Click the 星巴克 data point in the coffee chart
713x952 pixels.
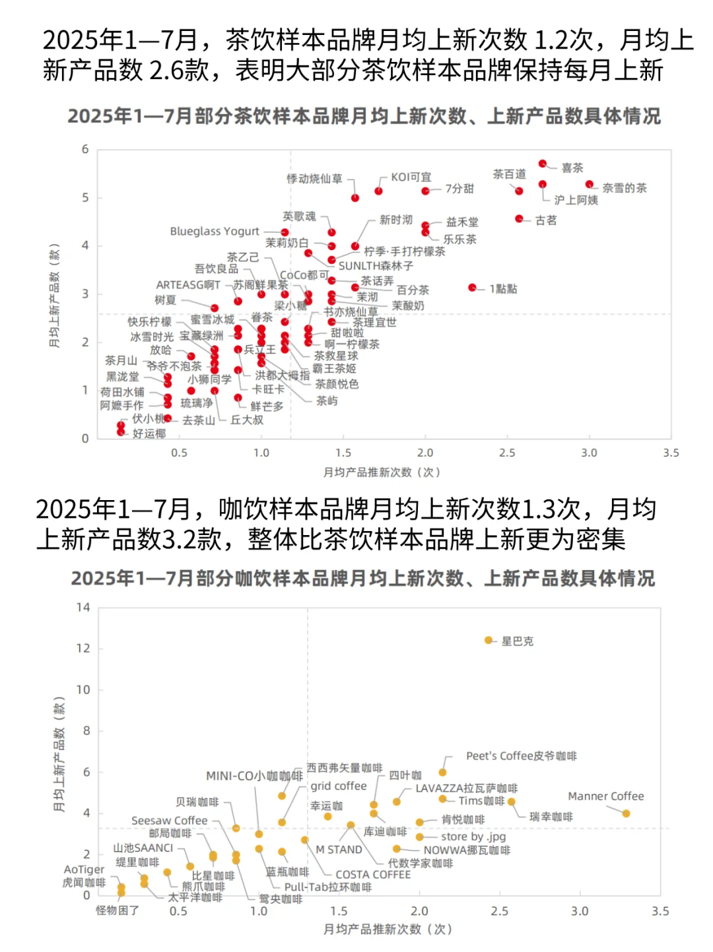(489, 640)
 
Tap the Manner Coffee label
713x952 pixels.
(605, 796)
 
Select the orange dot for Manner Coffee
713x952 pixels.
(626, 813)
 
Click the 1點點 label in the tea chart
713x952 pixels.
(502, 289)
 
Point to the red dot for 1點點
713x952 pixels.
(472, 288)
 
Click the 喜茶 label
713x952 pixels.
(572, 168)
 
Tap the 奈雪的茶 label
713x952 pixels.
(624, 188)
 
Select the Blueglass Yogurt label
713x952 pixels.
(215, 232)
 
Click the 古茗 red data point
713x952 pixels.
(519, 218)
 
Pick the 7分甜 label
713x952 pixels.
(459, 189)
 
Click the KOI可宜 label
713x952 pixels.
(411, 177)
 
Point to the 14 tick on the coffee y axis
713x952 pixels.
(83, 607)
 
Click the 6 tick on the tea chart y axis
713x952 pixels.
(85, 149)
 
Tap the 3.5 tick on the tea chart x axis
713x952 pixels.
(671, 453)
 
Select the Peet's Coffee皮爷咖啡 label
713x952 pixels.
(521, 756)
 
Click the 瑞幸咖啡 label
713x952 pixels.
(551, 817)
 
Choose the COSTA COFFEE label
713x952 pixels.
(372, 874)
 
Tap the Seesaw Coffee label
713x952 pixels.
(169, 821)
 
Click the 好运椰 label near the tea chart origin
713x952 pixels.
(149, 433)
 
